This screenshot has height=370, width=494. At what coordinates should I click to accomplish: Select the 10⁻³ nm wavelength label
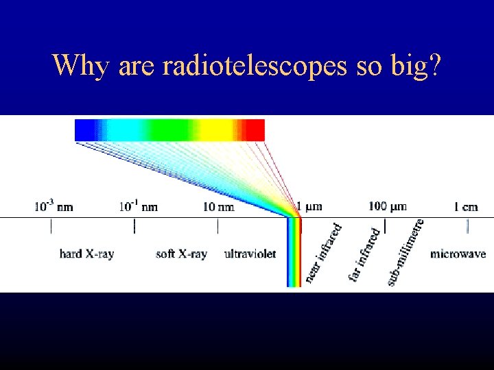[x=54, y=206]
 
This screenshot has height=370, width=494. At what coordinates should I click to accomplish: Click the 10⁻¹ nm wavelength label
[x=138, y=206]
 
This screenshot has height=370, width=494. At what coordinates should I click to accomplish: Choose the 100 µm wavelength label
[x=388, y=206]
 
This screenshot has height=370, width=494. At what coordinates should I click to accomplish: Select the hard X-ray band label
[x=86, y=254]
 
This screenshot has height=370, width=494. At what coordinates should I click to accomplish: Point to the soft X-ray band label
[x=181, y=254]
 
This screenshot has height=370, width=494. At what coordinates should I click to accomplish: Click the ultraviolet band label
[x=250, y=254]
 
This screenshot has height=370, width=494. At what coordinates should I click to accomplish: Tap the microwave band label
[x=458, y=254]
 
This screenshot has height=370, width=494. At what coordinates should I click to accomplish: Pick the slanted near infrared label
[x=323, y=252]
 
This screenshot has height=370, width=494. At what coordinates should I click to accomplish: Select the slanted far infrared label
[x=364, y=254]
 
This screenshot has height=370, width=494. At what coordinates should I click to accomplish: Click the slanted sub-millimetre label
[x=405, y=251]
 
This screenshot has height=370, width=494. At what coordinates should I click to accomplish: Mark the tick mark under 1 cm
[x=468, y=225]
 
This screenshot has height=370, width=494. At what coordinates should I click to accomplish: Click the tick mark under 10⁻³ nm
[x=51, y=225]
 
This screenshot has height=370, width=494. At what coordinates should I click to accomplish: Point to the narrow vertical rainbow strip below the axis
[x=294, y=260]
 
